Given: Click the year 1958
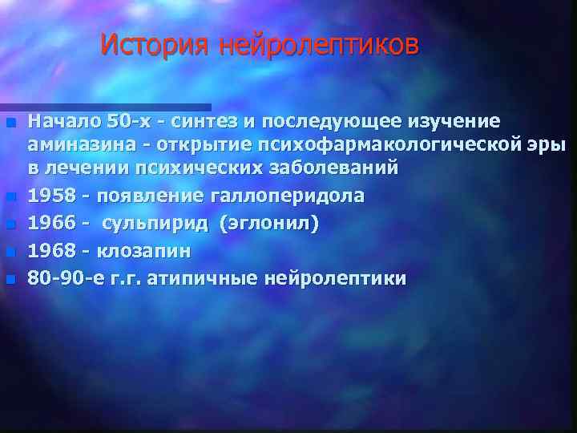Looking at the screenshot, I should point(50,196).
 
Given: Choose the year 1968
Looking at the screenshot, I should point(50,251).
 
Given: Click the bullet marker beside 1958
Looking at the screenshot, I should point(10,196).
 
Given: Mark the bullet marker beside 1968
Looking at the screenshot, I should point(10,252).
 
